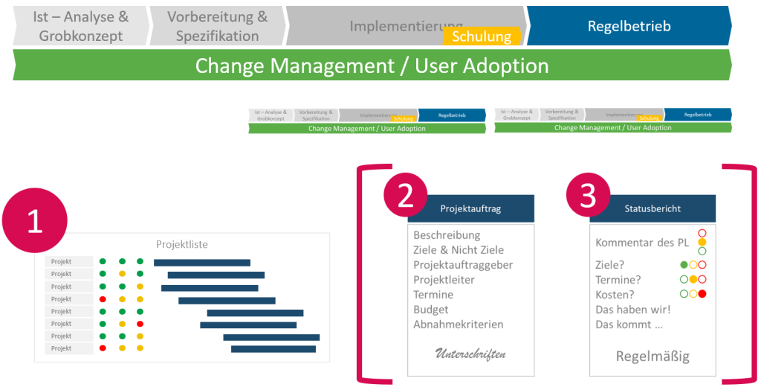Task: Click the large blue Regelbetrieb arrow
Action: click(x=629, y=26)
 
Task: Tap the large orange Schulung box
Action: click(x=482, y=36)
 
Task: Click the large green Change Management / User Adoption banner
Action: click(x=372, y=65)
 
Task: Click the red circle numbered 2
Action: click(x=406, y=196)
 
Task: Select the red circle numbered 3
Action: click(x=588, y=196)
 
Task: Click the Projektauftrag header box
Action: click(x=470, y=209)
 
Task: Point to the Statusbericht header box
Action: click(x=652, y=209)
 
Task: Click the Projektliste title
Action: click(x=182, y=244)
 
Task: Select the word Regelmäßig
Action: click(x=652, y=357)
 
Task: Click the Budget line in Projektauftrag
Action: click(x=431, y=310)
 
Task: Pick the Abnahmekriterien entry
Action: click(x=459, y=325)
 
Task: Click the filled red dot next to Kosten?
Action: click(x=702, y=294)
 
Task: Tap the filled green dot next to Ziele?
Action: click(x=684, y=264)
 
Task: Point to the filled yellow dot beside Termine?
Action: click(x=693, y=279)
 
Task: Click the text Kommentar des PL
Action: click(x=642, y=243)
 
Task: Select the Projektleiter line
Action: click(x=444, y=280)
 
